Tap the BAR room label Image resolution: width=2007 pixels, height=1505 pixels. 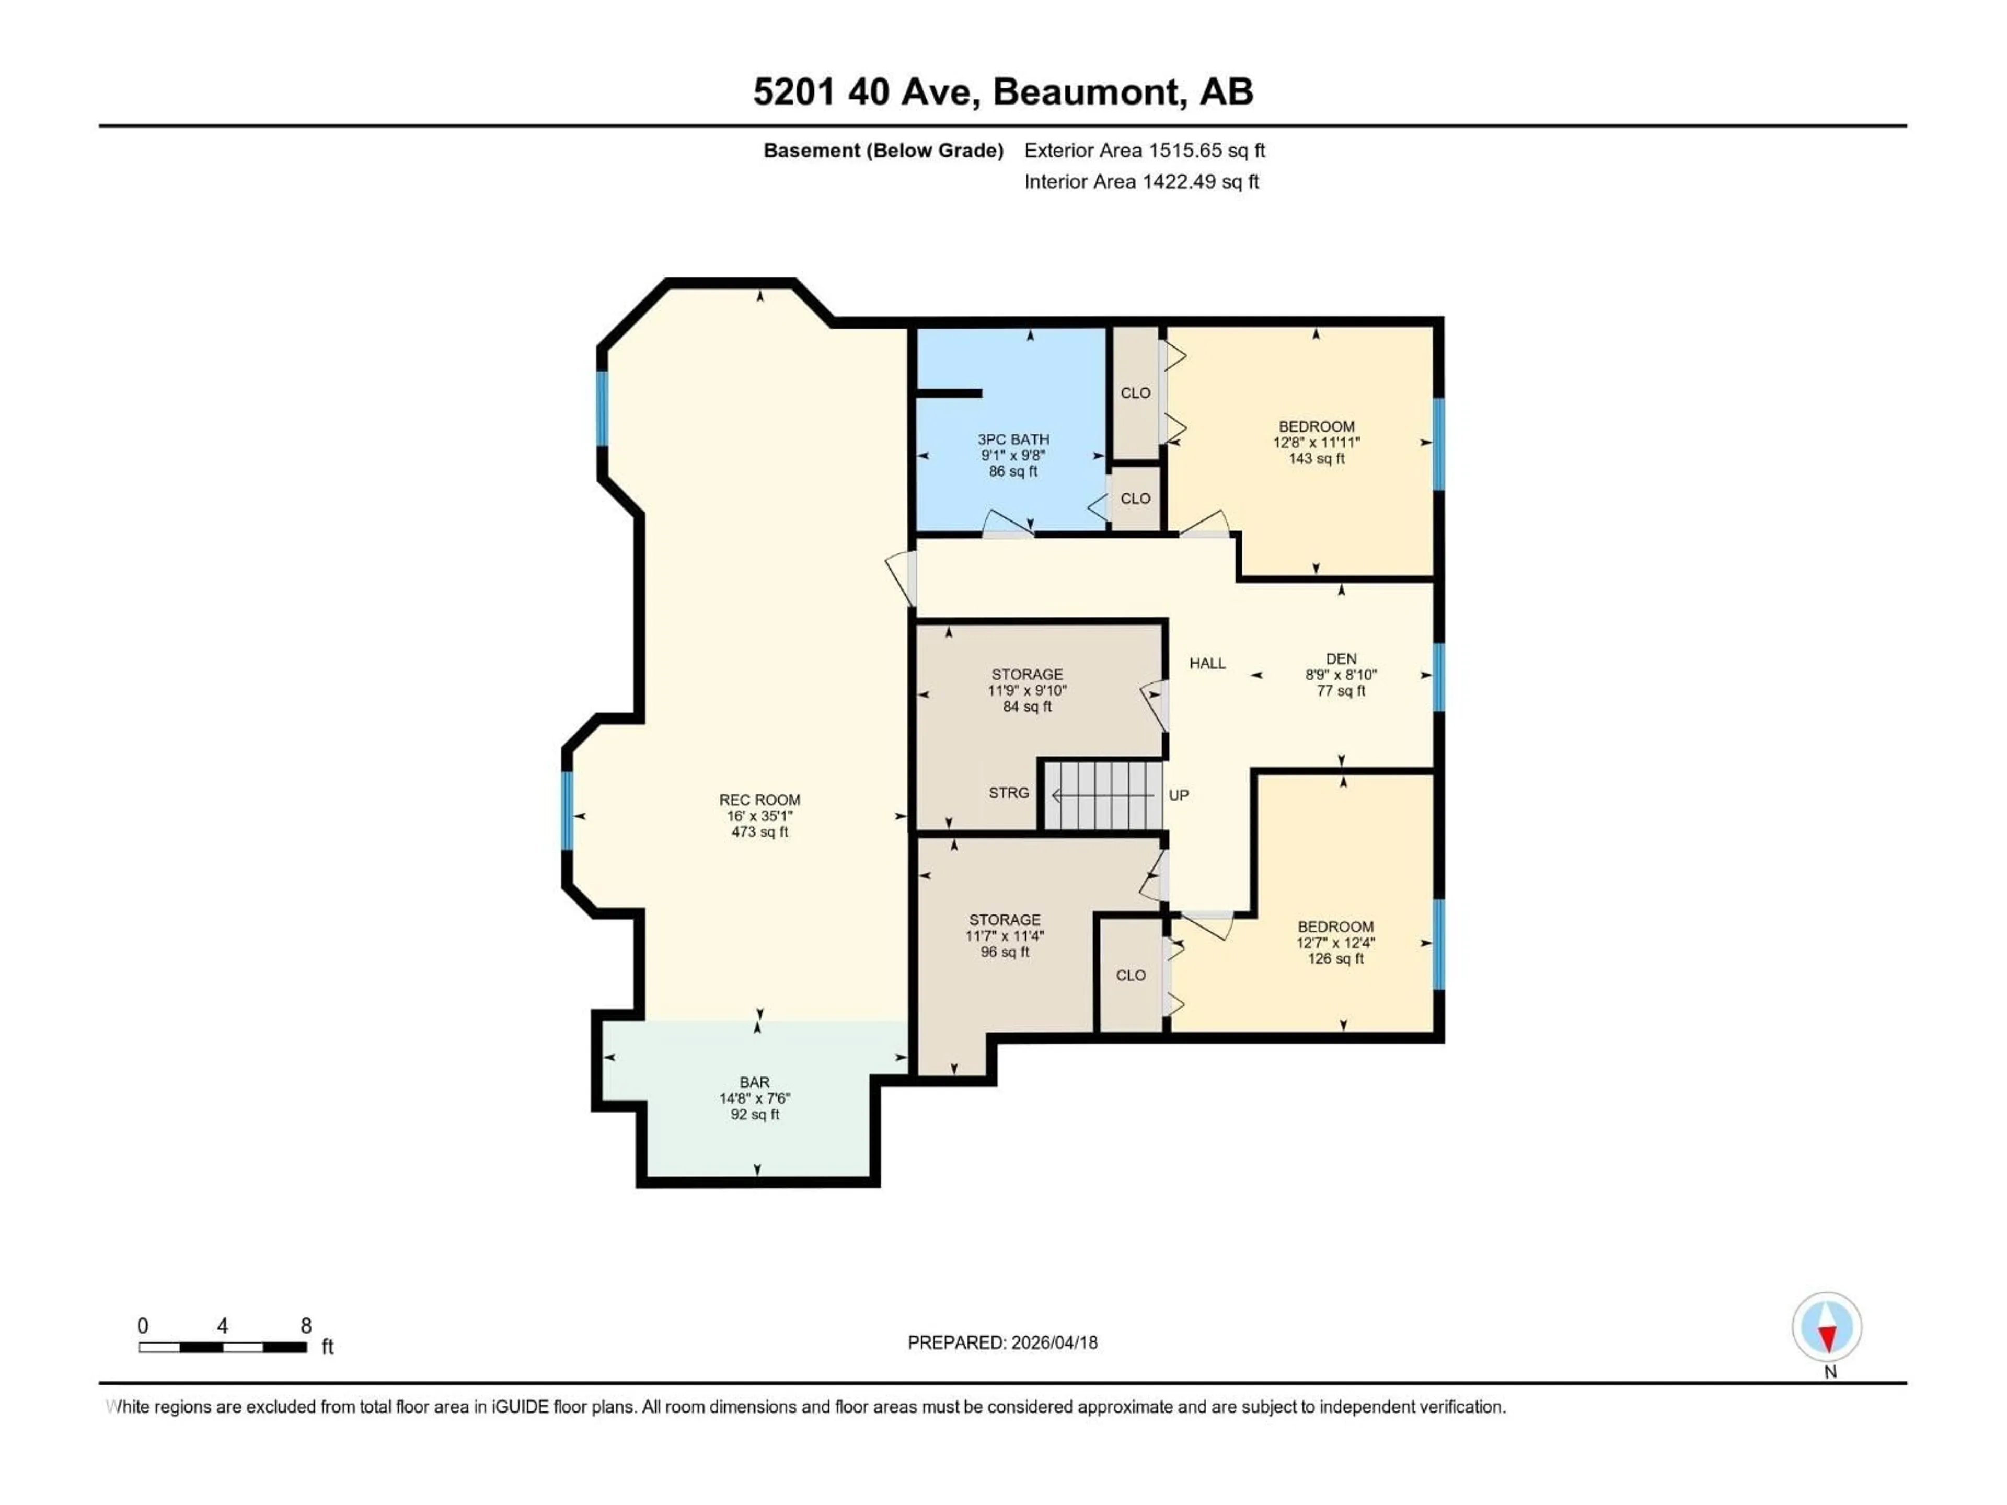pyautogui.click(x=754, y=1082)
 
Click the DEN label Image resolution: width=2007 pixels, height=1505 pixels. pyautogui.click(x=1341, y=658)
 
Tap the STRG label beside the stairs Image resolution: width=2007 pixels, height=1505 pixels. pyautogui.click(x=1008, y=793)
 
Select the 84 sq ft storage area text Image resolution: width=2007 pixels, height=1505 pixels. pyautogui.click(x=1027, y=707)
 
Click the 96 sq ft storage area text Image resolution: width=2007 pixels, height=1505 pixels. pyautogui.click(x=1005, y=952)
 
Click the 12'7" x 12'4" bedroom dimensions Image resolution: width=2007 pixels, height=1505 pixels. pyautogui.click(x=1335, y=943)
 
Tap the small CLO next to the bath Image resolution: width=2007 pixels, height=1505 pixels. pyautogui.click(x=1135, y=498)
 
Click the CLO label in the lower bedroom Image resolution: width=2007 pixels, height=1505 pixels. pyautogui.click(x=1131, y=975)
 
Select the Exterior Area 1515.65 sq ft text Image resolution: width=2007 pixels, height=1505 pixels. pyautogui.click(x=1144, y=150)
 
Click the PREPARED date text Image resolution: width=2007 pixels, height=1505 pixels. pyautogui.click(x=1002, y=1342)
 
